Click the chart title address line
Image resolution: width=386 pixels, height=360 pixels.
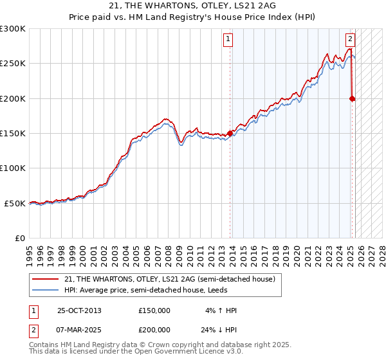pyautogui.click(x=193, y=6)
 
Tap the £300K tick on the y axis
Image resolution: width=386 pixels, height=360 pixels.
pyautogui.click(x=13, y=29)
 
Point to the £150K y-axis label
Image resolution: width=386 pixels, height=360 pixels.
pyautogui.click(x=13, y=133)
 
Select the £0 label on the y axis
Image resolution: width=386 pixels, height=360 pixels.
pyautogui.click(x=19, y=238)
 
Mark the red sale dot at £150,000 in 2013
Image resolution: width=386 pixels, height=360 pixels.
pyautogui.click(x=230, y=133)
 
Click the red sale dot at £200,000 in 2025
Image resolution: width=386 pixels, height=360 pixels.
pyautogui.click(x=352, y=98)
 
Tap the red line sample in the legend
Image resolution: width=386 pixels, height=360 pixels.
pyautogui.click(x=45, y=279)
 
